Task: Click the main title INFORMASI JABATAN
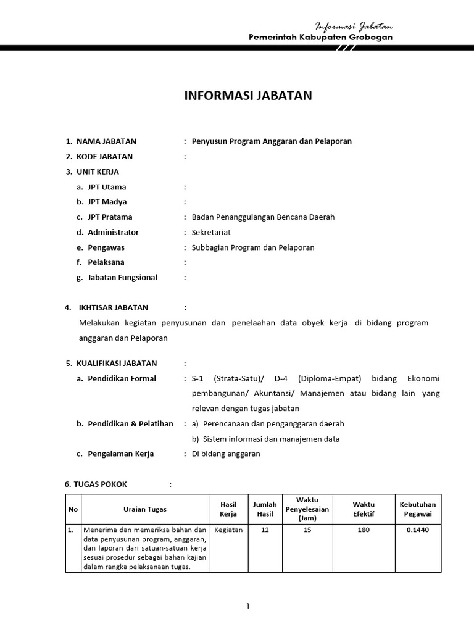tap(249, 96)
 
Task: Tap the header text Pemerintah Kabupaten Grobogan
tap(320, 38)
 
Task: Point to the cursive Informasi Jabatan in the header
tap(354, 27)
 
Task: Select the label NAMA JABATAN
tap(106, 141)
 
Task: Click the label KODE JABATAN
tap(104, 157)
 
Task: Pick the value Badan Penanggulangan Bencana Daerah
tap(263, 217)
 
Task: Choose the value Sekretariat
tap(214, 232)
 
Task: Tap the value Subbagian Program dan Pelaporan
tap(253, 247)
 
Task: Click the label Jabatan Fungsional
tap(122, 278)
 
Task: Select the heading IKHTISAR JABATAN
tap(113, 307)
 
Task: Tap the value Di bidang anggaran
tap(226, 454)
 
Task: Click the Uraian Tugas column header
tap(144, 509)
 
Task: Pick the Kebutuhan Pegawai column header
tap(418, 509)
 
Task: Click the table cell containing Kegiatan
tap(228, 530)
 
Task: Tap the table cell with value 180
tap(364, 530)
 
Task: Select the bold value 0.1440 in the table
tap(418, 530)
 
